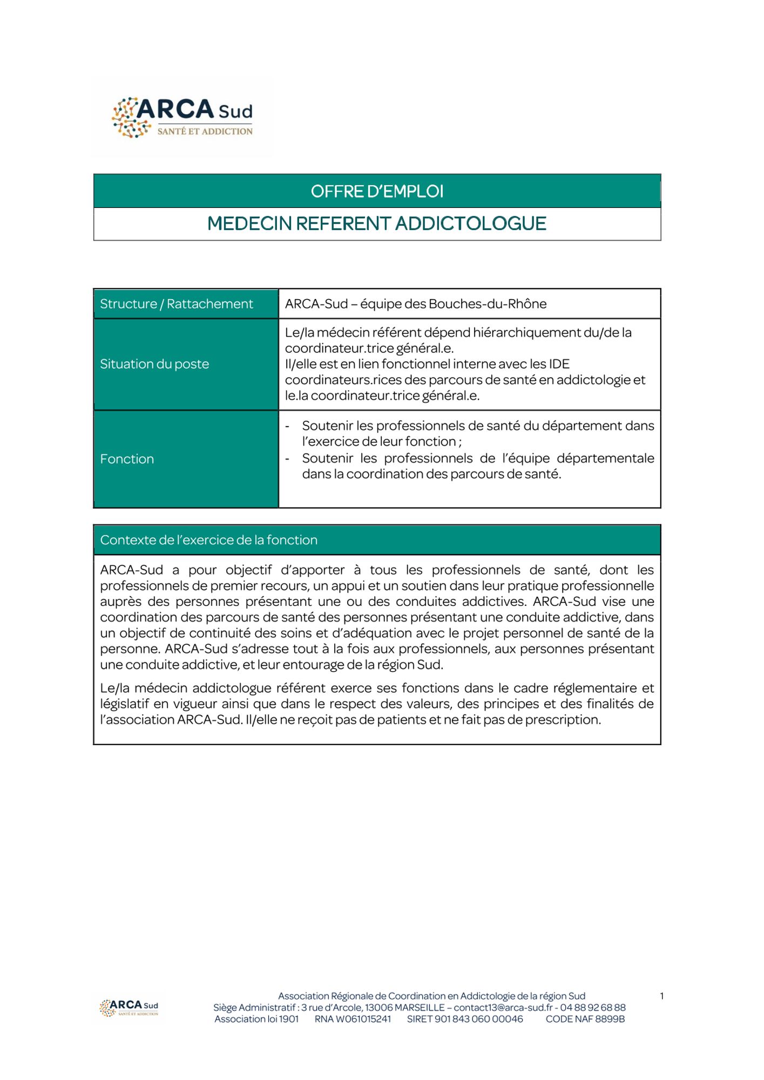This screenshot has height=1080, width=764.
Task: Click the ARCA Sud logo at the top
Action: [x=182, y=117]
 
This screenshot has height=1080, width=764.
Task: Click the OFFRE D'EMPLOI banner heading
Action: [x=377, y=191]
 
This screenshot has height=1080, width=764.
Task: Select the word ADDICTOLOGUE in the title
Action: [x=471, y=224]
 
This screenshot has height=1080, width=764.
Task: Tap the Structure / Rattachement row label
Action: [x=176, y=304]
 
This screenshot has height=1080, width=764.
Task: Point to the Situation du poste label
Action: [x=154, y=364]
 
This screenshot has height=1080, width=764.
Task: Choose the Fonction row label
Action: [x=127, y=459]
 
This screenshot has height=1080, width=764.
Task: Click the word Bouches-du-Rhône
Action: [x=488, y=304]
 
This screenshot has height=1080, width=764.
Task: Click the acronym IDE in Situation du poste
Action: [x=559, y=364]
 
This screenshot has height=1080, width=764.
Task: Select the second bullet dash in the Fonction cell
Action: [x=287, y=459]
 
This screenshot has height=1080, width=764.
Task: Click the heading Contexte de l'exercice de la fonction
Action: [x=208, y=540]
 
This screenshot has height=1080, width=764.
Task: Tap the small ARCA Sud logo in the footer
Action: [x=129, y=1008]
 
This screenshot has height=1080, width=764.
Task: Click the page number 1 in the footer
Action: [x=662, y=996]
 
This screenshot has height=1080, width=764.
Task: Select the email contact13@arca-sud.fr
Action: [x=503, y=1008]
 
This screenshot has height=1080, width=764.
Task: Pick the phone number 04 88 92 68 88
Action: [x=593, y=1008]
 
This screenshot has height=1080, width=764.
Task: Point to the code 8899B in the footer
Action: [x=610, y=1019]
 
